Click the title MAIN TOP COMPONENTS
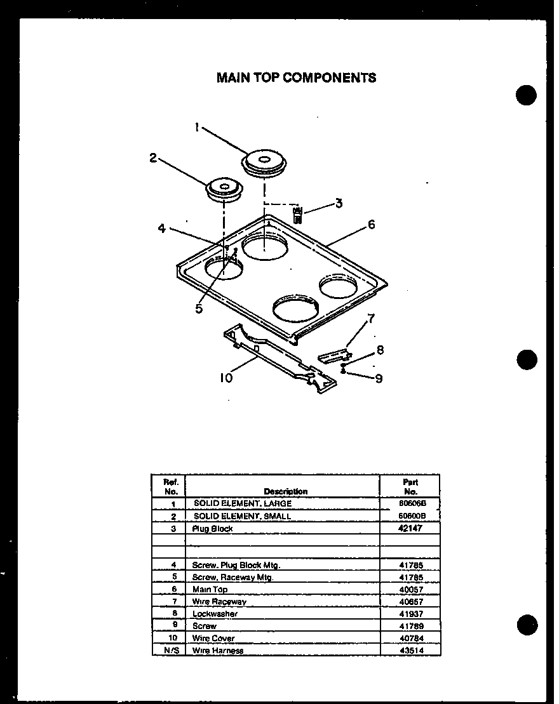click(296, 77)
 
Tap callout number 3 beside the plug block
click(339, 203)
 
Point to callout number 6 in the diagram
click(371, 224)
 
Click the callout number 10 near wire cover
click(226, 378)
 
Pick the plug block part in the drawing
click(298, 214)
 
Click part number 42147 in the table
click(410, 528)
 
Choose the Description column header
click(285, 491)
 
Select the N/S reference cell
click(168, 651)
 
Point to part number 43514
click(410, 651)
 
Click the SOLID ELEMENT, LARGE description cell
click(243, 503)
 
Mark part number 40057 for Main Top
click(410, 590)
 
